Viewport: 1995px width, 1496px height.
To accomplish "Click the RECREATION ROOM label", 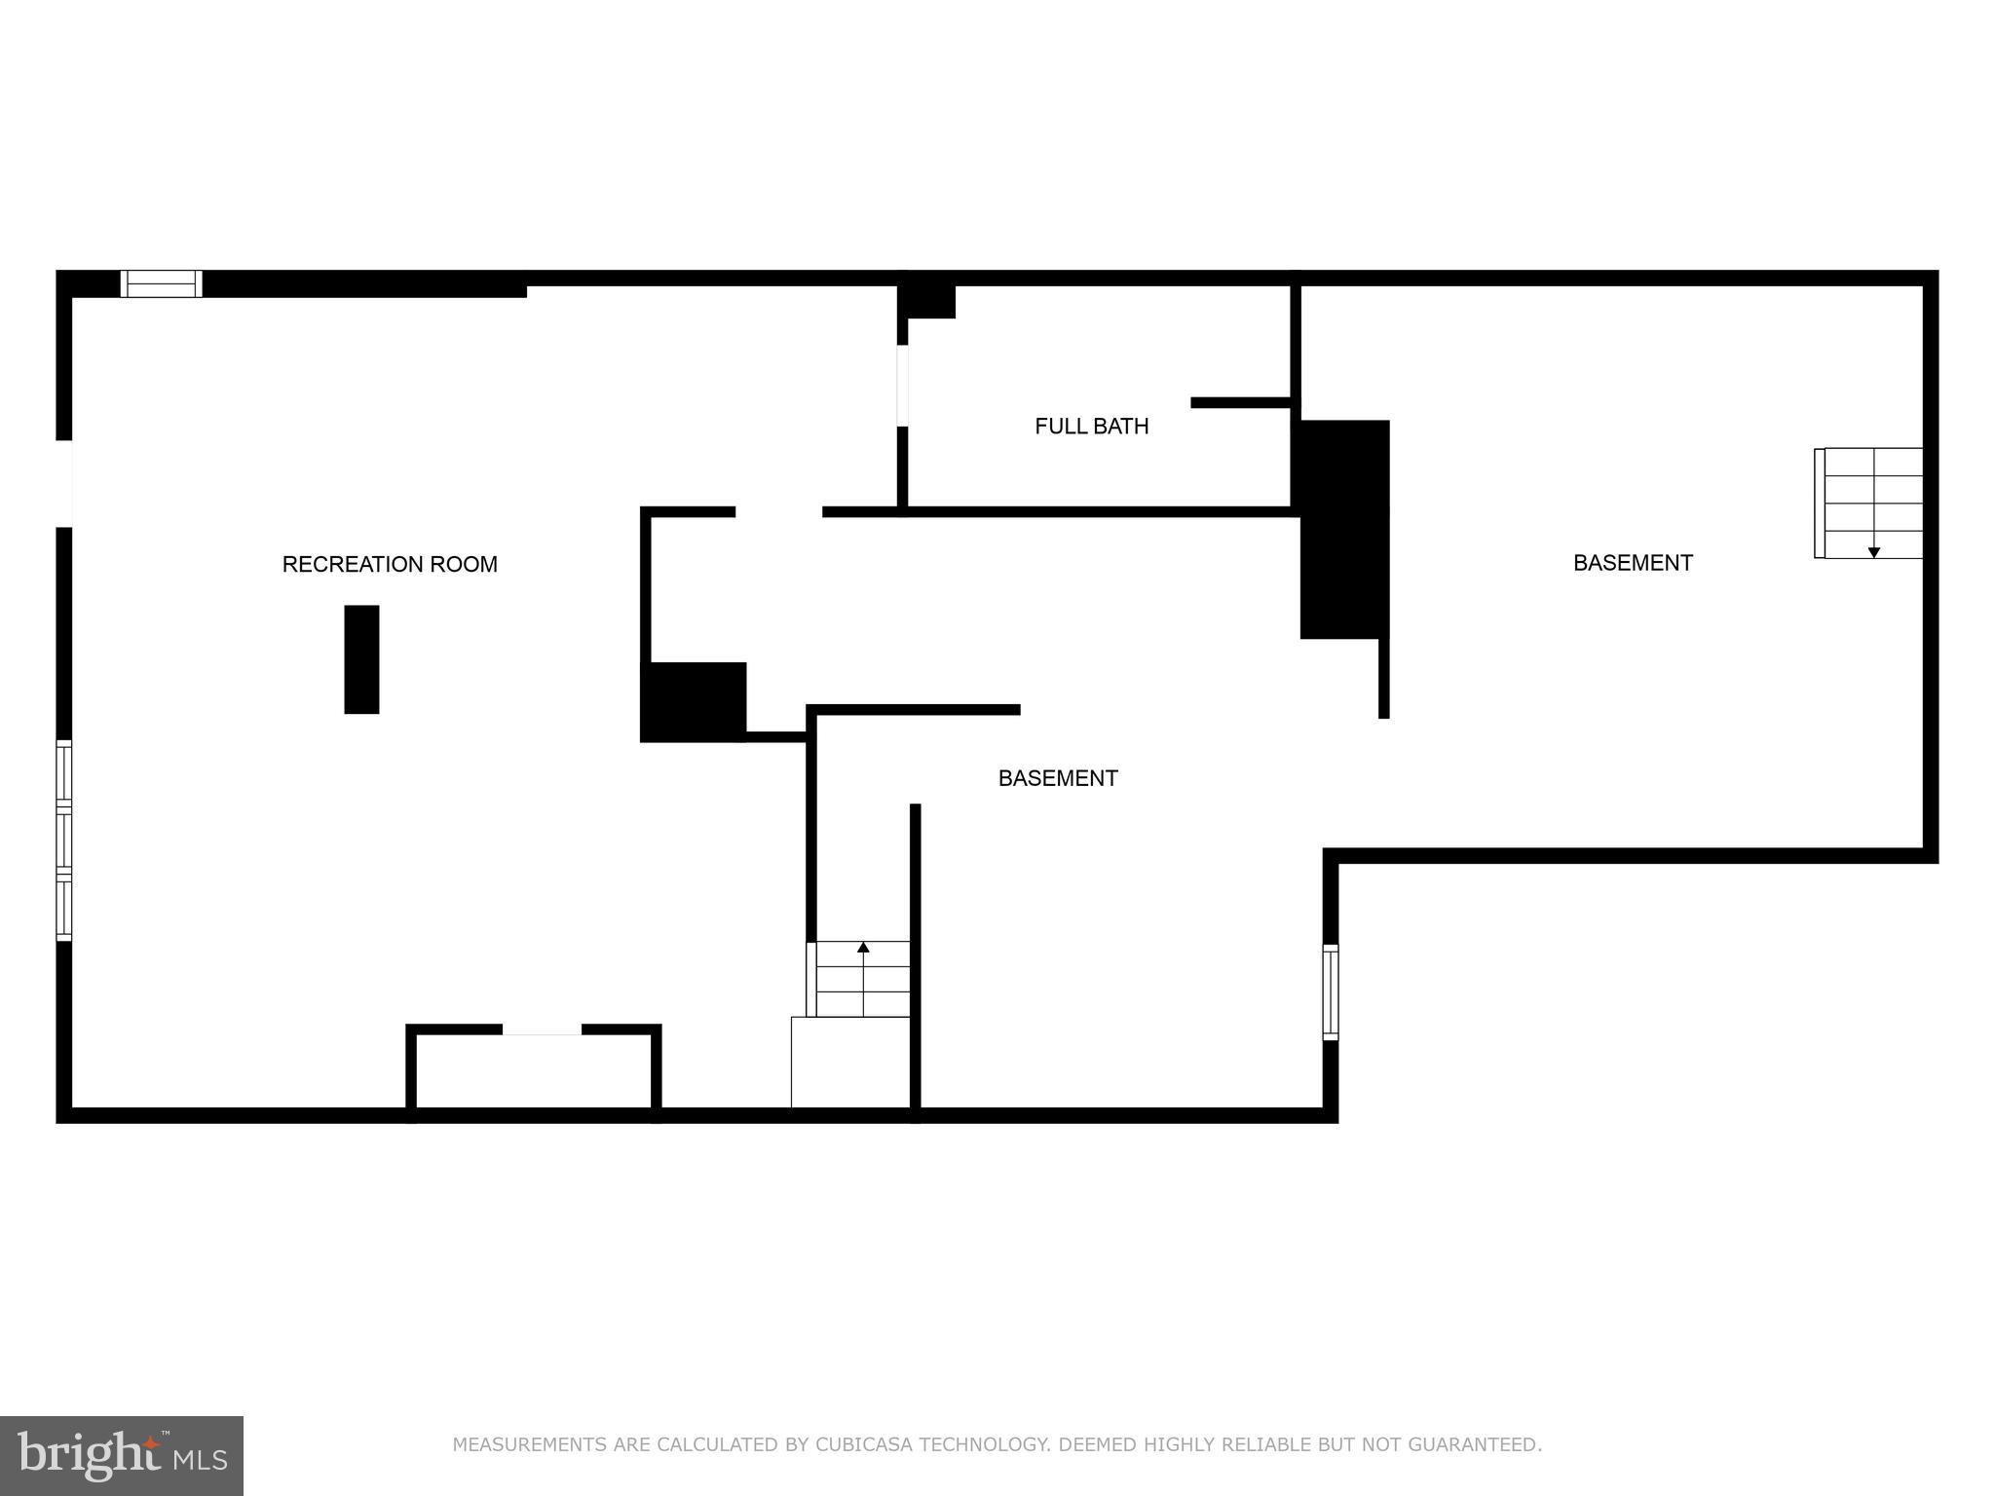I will (x=390, y=564).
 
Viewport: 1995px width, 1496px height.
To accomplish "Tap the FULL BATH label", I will (x=1091, y=426).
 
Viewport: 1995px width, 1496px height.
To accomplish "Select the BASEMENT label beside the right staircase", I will (x=1633, y=562).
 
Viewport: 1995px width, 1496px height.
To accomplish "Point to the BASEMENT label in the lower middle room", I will (x=1058, y=777).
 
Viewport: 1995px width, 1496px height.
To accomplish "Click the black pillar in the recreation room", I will (x=361, y=659).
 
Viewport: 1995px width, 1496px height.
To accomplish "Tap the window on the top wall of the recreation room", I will (x=162, y=283).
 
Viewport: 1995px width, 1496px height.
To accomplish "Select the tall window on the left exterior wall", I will (x=64, y=840).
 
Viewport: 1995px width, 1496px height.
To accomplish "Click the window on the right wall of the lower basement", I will (x=1330, y=991).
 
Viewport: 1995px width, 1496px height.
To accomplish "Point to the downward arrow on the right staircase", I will (x=1873, y=552).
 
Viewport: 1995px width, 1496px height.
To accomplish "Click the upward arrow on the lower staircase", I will (x=863, y=947).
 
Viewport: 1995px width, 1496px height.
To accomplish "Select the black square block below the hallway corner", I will (x=693, y=701).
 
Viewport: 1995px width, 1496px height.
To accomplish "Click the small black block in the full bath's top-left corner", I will (x=926, y=300).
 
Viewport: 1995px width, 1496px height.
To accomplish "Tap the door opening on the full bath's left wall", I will (x=902, y=386).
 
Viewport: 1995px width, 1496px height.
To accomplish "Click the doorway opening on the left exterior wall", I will (x=64, y=483).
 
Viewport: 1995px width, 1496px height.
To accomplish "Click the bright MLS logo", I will (x=122, y=1455).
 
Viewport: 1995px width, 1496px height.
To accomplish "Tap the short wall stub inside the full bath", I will (x=1241, y=402).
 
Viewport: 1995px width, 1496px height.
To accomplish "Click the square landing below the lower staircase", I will (x=849, y=1062).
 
